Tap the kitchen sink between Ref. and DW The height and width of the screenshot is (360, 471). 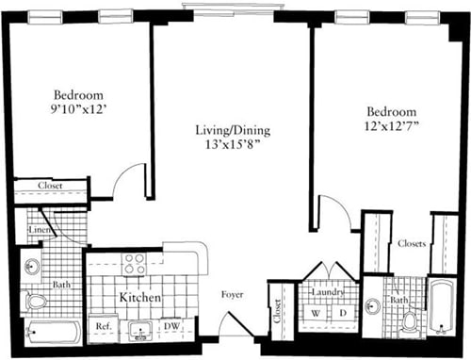coord(144,330)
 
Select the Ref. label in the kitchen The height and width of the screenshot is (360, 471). coord(104,326)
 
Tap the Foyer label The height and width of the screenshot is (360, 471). coord(233,295)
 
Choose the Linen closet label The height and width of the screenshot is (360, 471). coord(39,230)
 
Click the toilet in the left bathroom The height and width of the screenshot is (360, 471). coord(36,302)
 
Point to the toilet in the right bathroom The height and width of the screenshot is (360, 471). coord(409,321)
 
